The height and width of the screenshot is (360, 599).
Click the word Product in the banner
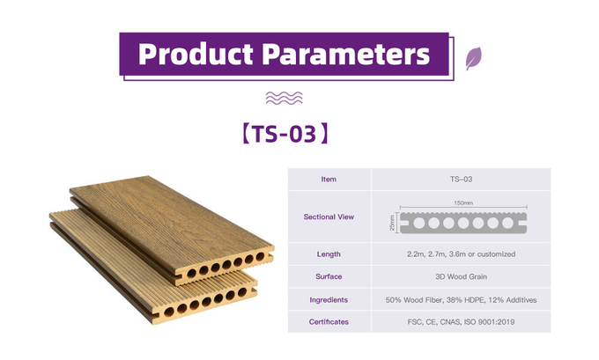pyautogui.click(x=196, y=55)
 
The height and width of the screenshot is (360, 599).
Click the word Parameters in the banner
pyautogui.click(x=345, y=55)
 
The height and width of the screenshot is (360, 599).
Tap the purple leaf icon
pyautogui.click(x=473, y=58)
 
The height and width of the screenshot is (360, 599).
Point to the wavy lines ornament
pyautogui.click(x=284, y=98)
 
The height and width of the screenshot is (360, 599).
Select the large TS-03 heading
pyautogui.click(x=285, y=134)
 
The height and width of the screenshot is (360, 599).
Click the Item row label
pyautogui.click(x=329, y=179)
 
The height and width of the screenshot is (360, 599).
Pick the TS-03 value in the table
pyautogui.click(x=461, y=179)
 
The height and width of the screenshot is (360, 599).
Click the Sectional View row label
pyautogui.click(x=329, y=217)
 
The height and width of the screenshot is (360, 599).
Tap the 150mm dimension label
pyautogui.click(x=463, y=202)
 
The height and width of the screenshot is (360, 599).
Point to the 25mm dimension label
pyautogui.click(x=392, y=223)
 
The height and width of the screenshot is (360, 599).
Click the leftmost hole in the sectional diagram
pyautogui.click(x=419, y=223)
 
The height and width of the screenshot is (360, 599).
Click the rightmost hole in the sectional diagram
pyautogui.click(x=507, y=223)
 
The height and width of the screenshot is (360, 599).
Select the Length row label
pyautogui.click(x=329, y=254)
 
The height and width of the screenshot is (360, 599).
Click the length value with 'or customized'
pyautogui.click(x=461, y=254)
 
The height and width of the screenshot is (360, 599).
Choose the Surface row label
pyautogui.click(x=329, y=276)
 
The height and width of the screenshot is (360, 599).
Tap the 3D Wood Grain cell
pyautogui.click(x=461, y=276)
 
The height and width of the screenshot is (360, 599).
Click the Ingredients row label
pyautogui.click(x=329, y=300)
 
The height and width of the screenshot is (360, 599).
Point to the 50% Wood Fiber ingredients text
pyautogui.click(x=461, y=300)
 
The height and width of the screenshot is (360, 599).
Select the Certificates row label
pyautogui.click(x=329, y=322)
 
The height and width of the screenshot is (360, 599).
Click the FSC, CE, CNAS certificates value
pyautogui.click(x=461, y=322)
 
